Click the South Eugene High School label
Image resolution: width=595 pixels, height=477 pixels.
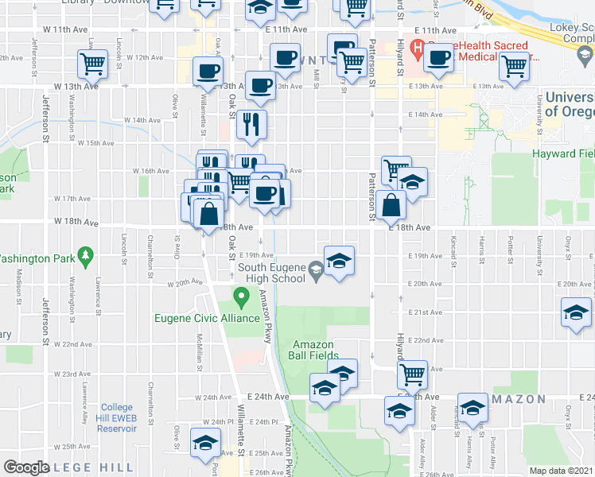pos(273,273)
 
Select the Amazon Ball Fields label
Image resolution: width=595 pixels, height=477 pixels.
pos(315,350)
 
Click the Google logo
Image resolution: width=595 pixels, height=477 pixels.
pos(26,467)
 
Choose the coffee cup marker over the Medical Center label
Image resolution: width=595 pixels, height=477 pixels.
pos(439,57)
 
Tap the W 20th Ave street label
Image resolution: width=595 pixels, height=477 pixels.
pos(185,282)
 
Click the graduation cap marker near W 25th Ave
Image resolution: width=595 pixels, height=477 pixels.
pos(206,442)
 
